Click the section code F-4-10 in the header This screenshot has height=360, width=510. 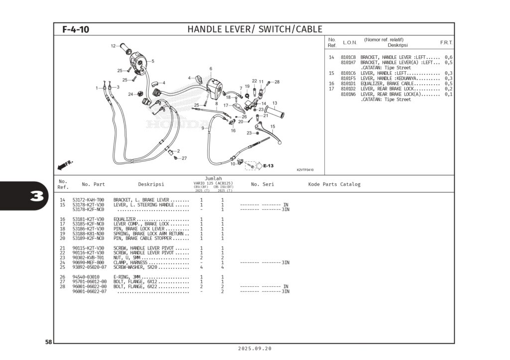[76, 29]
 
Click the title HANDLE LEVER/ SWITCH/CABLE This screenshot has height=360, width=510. [255, 29]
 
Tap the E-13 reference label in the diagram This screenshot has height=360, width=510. [268, 166]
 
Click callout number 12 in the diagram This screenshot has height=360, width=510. [113, 46]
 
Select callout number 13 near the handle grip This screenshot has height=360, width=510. [274, 103]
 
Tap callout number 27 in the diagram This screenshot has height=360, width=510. [184, 158]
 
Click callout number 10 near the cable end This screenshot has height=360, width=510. [232, 164]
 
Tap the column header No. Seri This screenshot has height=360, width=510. [262, 184]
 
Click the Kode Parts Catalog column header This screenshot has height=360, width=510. [334, 184]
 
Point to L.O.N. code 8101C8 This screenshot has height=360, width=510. [348, 57]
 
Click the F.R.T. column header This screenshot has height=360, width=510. [446, 42]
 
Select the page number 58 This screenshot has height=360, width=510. [48, 342]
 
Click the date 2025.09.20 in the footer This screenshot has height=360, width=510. [255, 349]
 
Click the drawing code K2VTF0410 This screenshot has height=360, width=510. [305, 170]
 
